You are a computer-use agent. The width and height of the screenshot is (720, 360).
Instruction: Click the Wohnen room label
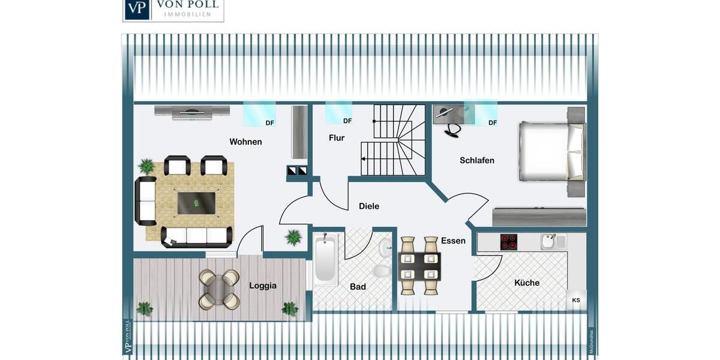pos(245,142)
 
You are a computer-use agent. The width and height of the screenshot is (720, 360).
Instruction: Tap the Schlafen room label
pos(477,160)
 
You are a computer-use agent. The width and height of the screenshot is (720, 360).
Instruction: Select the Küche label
pos(526,283)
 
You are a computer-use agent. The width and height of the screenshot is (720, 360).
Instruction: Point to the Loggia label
pos(263,286)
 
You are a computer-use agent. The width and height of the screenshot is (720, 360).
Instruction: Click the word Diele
pos(369,206)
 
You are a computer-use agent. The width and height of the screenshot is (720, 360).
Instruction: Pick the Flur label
pos(337,138)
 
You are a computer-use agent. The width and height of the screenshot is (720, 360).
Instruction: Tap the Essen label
pos(453,241)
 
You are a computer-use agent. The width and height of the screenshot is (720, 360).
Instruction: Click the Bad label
pos(358,287)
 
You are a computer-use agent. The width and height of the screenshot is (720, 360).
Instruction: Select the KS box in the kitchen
pos(576,300)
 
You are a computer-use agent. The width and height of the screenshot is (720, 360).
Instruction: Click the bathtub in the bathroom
pos(325,260)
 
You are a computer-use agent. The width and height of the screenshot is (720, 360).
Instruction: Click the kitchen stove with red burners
pos(509,241)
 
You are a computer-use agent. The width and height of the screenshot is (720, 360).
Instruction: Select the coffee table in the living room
pos(197,203)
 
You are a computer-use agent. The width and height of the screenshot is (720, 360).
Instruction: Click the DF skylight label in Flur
pos(347,121)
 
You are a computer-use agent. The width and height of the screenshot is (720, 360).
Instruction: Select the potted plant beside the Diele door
pos(293,238)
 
